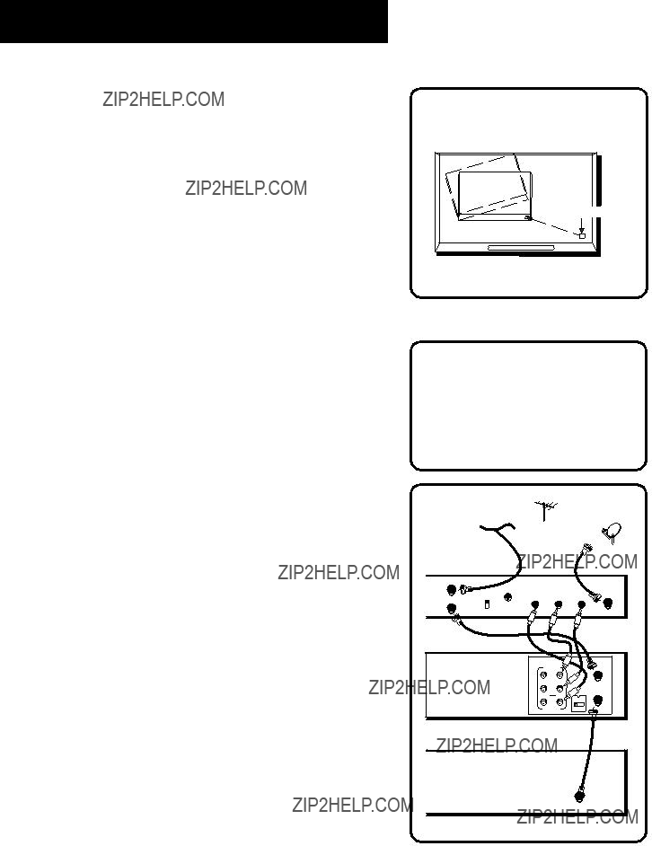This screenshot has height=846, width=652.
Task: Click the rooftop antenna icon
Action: point(544,511)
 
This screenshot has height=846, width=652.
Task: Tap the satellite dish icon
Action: point(612,532)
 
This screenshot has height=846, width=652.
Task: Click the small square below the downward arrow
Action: point(582,235)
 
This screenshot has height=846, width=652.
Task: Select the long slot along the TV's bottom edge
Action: point(521,248)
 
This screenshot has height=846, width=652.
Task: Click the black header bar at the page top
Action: point(194,21)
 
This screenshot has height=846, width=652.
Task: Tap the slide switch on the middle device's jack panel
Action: point(578,704)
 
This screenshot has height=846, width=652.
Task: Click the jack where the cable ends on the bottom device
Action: point(580,796)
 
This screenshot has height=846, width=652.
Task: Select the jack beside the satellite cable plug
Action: point(608,603)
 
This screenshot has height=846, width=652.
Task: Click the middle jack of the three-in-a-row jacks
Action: point(558,604)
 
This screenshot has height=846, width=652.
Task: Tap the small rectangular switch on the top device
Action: point(487,604)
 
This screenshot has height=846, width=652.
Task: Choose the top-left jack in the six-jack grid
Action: point(543,674)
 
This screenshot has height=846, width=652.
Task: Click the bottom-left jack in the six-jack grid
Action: point(543,702)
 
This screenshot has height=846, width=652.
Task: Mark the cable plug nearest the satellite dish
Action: point(586,551)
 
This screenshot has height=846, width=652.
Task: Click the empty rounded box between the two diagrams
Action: point(528,406)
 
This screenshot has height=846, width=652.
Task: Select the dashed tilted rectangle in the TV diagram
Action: point(486,184)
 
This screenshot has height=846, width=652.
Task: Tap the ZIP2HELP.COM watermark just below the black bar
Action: point(163,100)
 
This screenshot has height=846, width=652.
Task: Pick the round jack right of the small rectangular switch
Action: point(508,597)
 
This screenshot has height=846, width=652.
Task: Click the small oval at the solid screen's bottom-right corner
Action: point(527,217)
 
